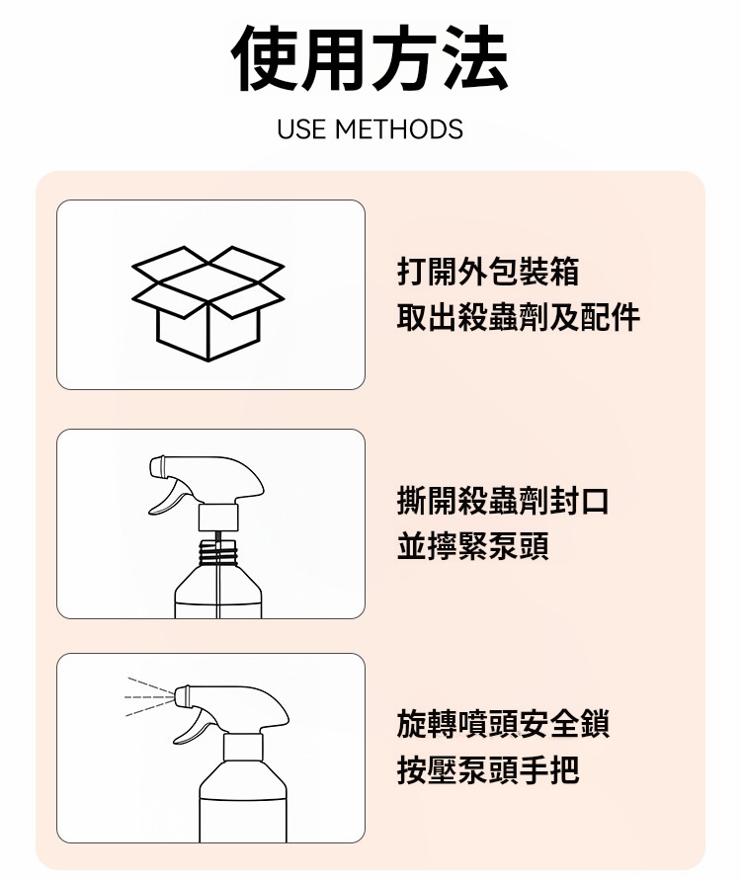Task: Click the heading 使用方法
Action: pos(370,57)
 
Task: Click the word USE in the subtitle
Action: pos(301,129)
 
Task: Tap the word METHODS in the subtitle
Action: pos(399,129)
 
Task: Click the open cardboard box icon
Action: pos(208,303)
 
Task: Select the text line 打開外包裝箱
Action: pos(488,272)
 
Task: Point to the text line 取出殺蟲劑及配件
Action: pos(519,317)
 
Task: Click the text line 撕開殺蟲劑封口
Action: pos(503,500)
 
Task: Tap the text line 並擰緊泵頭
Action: pos(473,545)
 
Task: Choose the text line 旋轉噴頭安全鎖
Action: pos(503,723)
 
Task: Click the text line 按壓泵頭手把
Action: pos(488,769)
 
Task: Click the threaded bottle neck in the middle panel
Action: pos(218,552)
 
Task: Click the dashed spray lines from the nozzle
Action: pos(149,697)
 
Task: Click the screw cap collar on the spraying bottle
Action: pos(243,747)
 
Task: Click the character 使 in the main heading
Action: pos(266,57)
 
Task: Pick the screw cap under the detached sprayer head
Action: pos(218,518)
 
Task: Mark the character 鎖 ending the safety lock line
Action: pos(595,723)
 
